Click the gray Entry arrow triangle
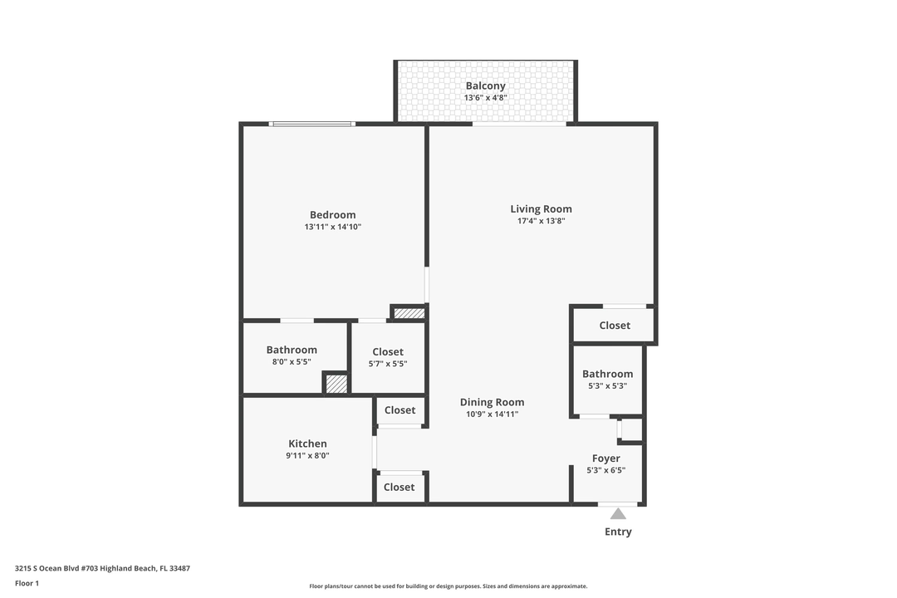[618, 514]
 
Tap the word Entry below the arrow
[618, 532]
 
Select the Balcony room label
[485, 86]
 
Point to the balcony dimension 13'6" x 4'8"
[485, 98]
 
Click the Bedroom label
[332, 215]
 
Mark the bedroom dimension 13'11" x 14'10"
[332, 227]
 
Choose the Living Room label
[541, 209]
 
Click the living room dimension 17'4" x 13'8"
[541, 221]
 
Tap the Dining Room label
[492, 402]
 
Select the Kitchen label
[307, 444]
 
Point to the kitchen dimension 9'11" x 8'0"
[307, 455]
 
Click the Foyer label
[605, 458]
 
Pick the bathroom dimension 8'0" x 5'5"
[292, 362]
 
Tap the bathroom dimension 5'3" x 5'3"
[607, 385]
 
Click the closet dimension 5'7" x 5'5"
[388, 364]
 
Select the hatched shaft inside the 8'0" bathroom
[336, 384]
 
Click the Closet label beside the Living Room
[615, 326]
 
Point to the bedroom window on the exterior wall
[312, 124]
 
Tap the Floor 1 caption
[27, 583]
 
